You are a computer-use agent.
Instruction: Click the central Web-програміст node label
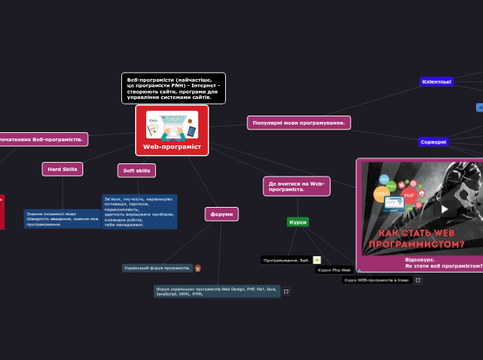tap(172, 147)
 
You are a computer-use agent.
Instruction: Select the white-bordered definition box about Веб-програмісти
tap(173, 88)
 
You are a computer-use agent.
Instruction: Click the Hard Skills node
tap(62, 169)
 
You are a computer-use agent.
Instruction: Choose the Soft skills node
tap(137, 170)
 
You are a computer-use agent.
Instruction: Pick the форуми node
tap(222, 214)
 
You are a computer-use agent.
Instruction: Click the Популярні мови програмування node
tap(299, 123)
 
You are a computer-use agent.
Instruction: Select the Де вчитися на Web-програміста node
tap(297, 186)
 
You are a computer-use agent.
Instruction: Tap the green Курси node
tap(298, 222)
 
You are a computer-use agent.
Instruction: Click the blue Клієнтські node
tap(437, 82)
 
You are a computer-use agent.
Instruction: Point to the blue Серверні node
tap(434, 142)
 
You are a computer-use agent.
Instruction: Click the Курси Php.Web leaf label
tap(334, 270)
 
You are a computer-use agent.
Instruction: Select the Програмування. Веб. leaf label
tap(286, 260)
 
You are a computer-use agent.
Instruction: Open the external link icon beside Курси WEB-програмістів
tap(418, 280)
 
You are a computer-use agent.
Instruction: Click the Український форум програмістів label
tap(157, 268)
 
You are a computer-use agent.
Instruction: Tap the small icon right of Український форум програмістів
tap(198, 268)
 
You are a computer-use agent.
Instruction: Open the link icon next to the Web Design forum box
tap(286, 291)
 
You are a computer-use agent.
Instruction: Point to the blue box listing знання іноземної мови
tap(62, 219)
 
